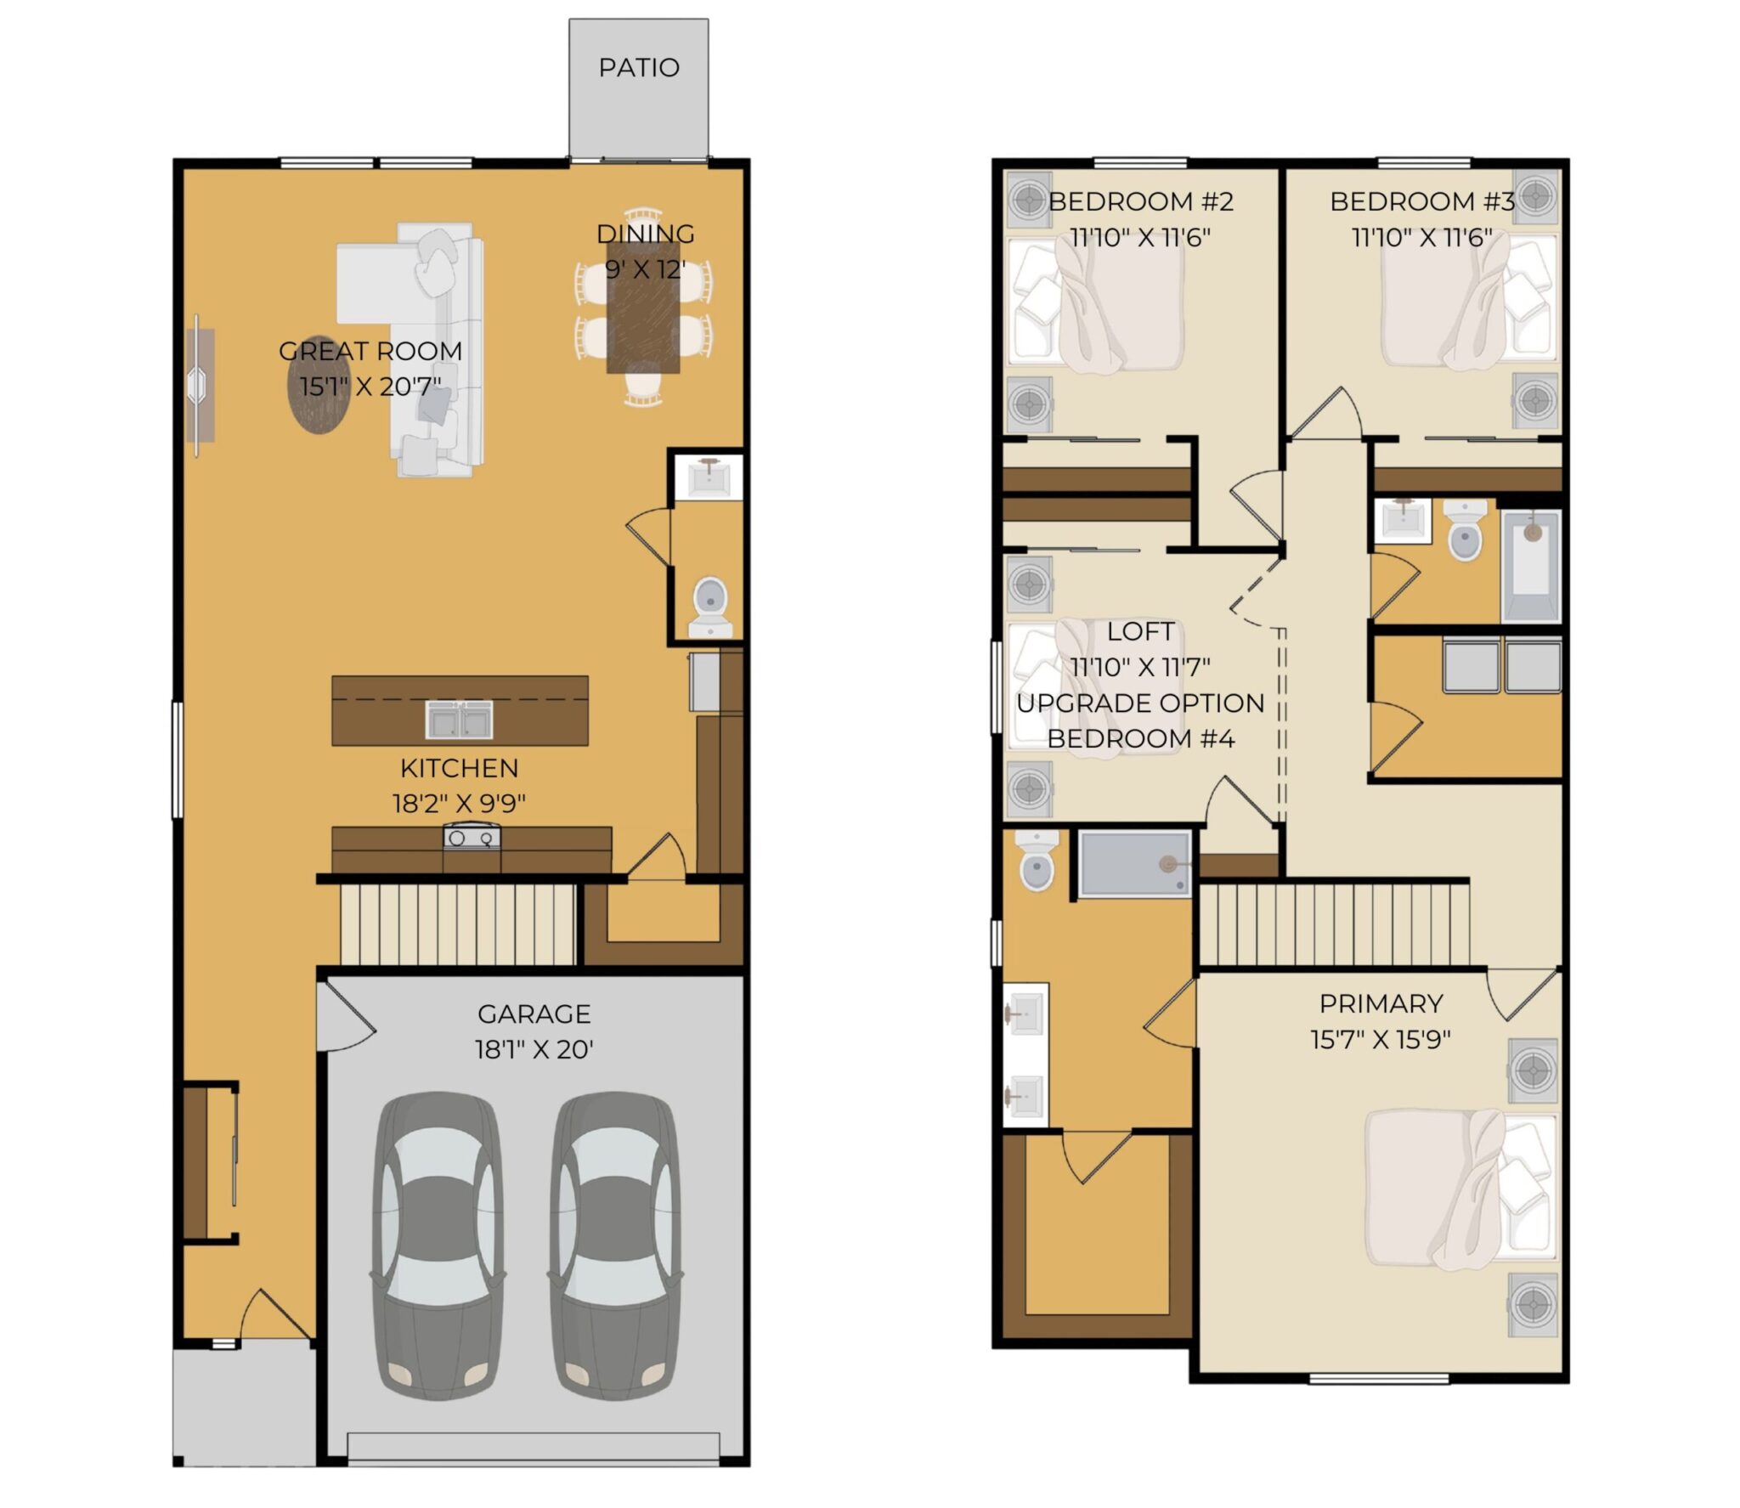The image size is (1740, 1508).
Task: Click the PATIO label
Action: point(639,67)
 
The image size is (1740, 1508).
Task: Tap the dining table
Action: point(643,308)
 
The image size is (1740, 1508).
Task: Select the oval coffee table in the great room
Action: point(319,384)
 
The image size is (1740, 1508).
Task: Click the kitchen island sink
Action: point(459,720)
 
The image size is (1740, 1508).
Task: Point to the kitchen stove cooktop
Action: point(472,838)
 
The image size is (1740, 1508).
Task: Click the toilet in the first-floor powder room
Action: point(710,607)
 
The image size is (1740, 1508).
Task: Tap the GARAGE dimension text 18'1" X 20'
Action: point(534,1050)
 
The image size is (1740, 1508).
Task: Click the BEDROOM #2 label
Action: point(1140,201)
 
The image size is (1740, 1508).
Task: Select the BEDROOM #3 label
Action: point(1421,201)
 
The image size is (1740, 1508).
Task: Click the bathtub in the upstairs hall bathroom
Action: point(1532,565)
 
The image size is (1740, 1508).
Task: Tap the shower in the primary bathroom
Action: point(1136,862)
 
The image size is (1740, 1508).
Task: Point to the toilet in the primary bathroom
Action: point(1037,860)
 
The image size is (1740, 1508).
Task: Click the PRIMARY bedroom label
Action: point(1381,1003)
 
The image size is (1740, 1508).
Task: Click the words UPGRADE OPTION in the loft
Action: point(1140,703)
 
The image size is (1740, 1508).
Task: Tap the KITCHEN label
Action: point(459,768)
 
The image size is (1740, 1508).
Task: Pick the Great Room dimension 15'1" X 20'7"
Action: point(370,387)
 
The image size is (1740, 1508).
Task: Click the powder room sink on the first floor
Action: point(708,477)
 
